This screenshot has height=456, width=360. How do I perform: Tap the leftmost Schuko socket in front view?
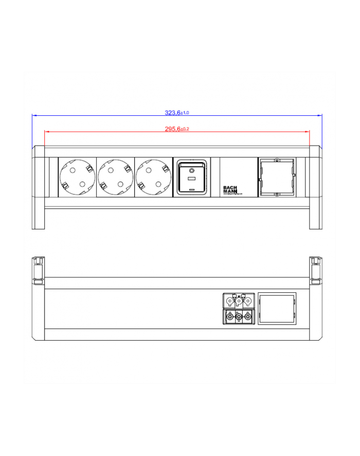(x=77, y=177)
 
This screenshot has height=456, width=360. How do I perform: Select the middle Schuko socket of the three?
(x=115, y=177)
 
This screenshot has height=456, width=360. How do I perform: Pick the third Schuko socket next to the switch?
(x=153, y=177)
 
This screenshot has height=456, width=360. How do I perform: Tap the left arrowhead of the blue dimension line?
(x=34, y=115)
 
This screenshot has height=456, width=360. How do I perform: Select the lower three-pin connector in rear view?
(x=238, y=317)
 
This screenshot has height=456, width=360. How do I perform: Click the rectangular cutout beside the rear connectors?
(x=277, y=309)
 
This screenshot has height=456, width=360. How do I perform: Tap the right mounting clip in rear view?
(x=316, y=270)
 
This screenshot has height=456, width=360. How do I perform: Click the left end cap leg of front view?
(x=39, y=219)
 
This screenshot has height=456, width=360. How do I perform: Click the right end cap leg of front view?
(x=315, y=219)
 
